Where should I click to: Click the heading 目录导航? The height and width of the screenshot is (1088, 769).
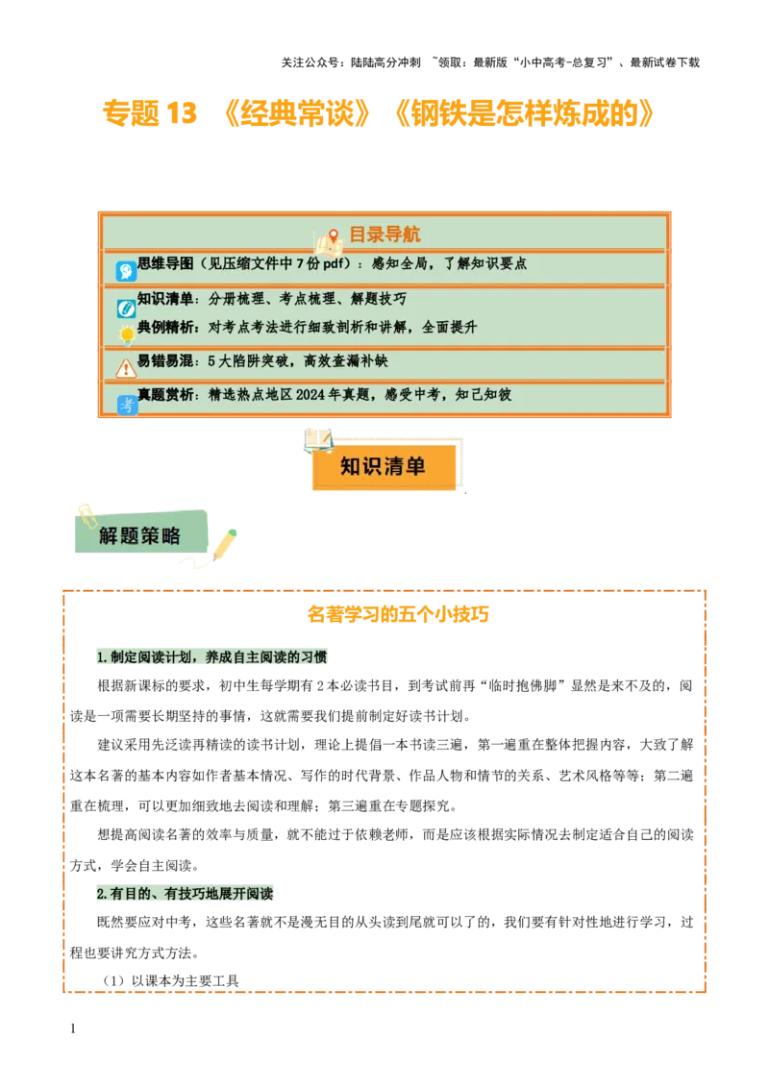[x=384, y=235]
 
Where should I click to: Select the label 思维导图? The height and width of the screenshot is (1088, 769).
[x=166, y=262]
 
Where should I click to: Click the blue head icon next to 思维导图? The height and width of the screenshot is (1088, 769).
[x=126, y=271]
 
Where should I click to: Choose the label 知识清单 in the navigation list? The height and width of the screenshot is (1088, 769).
[x=166, y=299]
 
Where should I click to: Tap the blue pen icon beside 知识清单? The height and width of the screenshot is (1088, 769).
[x=126, y=309]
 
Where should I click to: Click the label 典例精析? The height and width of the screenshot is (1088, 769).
[x=166, y=327]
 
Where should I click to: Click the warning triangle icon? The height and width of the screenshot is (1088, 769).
[x=126, y=368]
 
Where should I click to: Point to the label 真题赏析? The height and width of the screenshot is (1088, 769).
[x=166, y=394]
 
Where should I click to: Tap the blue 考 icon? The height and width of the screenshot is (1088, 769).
[x=127, y=405]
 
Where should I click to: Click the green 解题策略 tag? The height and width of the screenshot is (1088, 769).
[x=140, y=535]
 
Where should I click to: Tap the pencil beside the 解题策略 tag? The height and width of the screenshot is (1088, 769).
[x=225, y=543]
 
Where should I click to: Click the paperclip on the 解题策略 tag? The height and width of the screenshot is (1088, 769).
[x=86, y=511]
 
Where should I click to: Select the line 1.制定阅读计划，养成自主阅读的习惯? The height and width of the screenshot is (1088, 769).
[x=211, y=657]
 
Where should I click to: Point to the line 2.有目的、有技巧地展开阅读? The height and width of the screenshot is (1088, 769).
[x=185, y=894]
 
